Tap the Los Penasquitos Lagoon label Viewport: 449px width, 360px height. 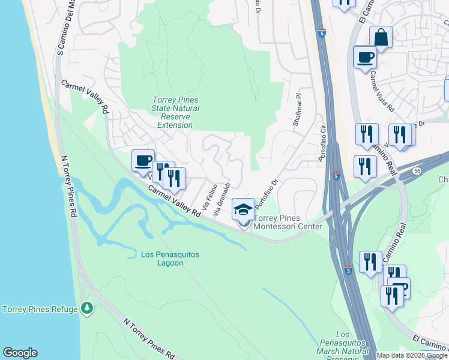click(x=170, y=259)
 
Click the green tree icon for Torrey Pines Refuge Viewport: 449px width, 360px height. click(x=88, y=308)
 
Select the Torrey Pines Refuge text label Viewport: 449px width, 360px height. click(x=40, y=309)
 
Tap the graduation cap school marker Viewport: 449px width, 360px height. click(x=243, y=210)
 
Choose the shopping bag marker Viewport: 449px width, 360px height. click(x=381, y=38)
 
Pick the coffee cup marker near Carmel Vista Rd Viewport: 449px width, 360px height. click(x=365, y=58)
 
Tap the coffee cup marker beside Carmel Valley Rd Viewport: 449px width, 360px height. click(x=143, y=161)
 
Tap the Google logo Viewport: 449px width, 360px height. click(x=20, y=353)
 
